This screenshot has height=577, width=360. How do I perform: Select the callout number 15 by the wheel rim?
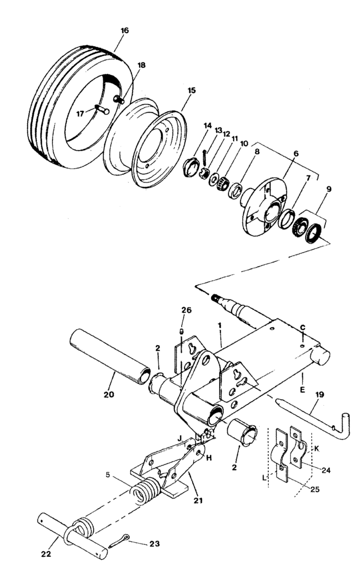[x=192, y=90]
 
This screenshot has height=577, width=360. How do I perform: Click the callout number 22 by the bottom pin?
[x=47, y=554]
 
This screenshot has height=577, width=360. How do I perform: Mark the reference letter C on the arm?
[x=302, y=328]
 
